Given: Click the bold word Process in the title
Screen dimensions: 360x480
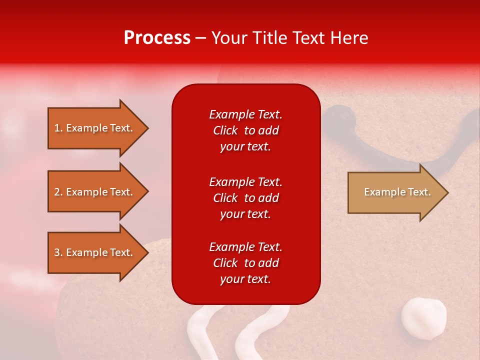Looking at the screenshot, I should tap(157, 37).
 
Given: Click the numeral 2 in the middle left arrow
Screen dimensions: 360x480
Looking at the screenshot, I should tap(56, 192).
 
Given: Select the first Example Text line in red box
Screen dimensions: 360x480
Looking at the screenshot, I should tap(245, 114).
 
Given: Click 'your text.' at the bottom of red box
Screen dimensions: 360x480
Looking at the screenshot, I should tap(245, 279).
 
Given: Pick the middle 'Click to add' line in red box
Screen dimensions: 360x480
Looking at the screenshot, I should tap(245, 198).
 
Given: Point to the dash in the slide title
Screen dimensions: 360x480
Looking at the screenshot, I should tap(201, 38).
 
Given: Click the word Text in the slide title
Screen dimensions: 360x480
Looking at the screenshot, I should tap(309, 38).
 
